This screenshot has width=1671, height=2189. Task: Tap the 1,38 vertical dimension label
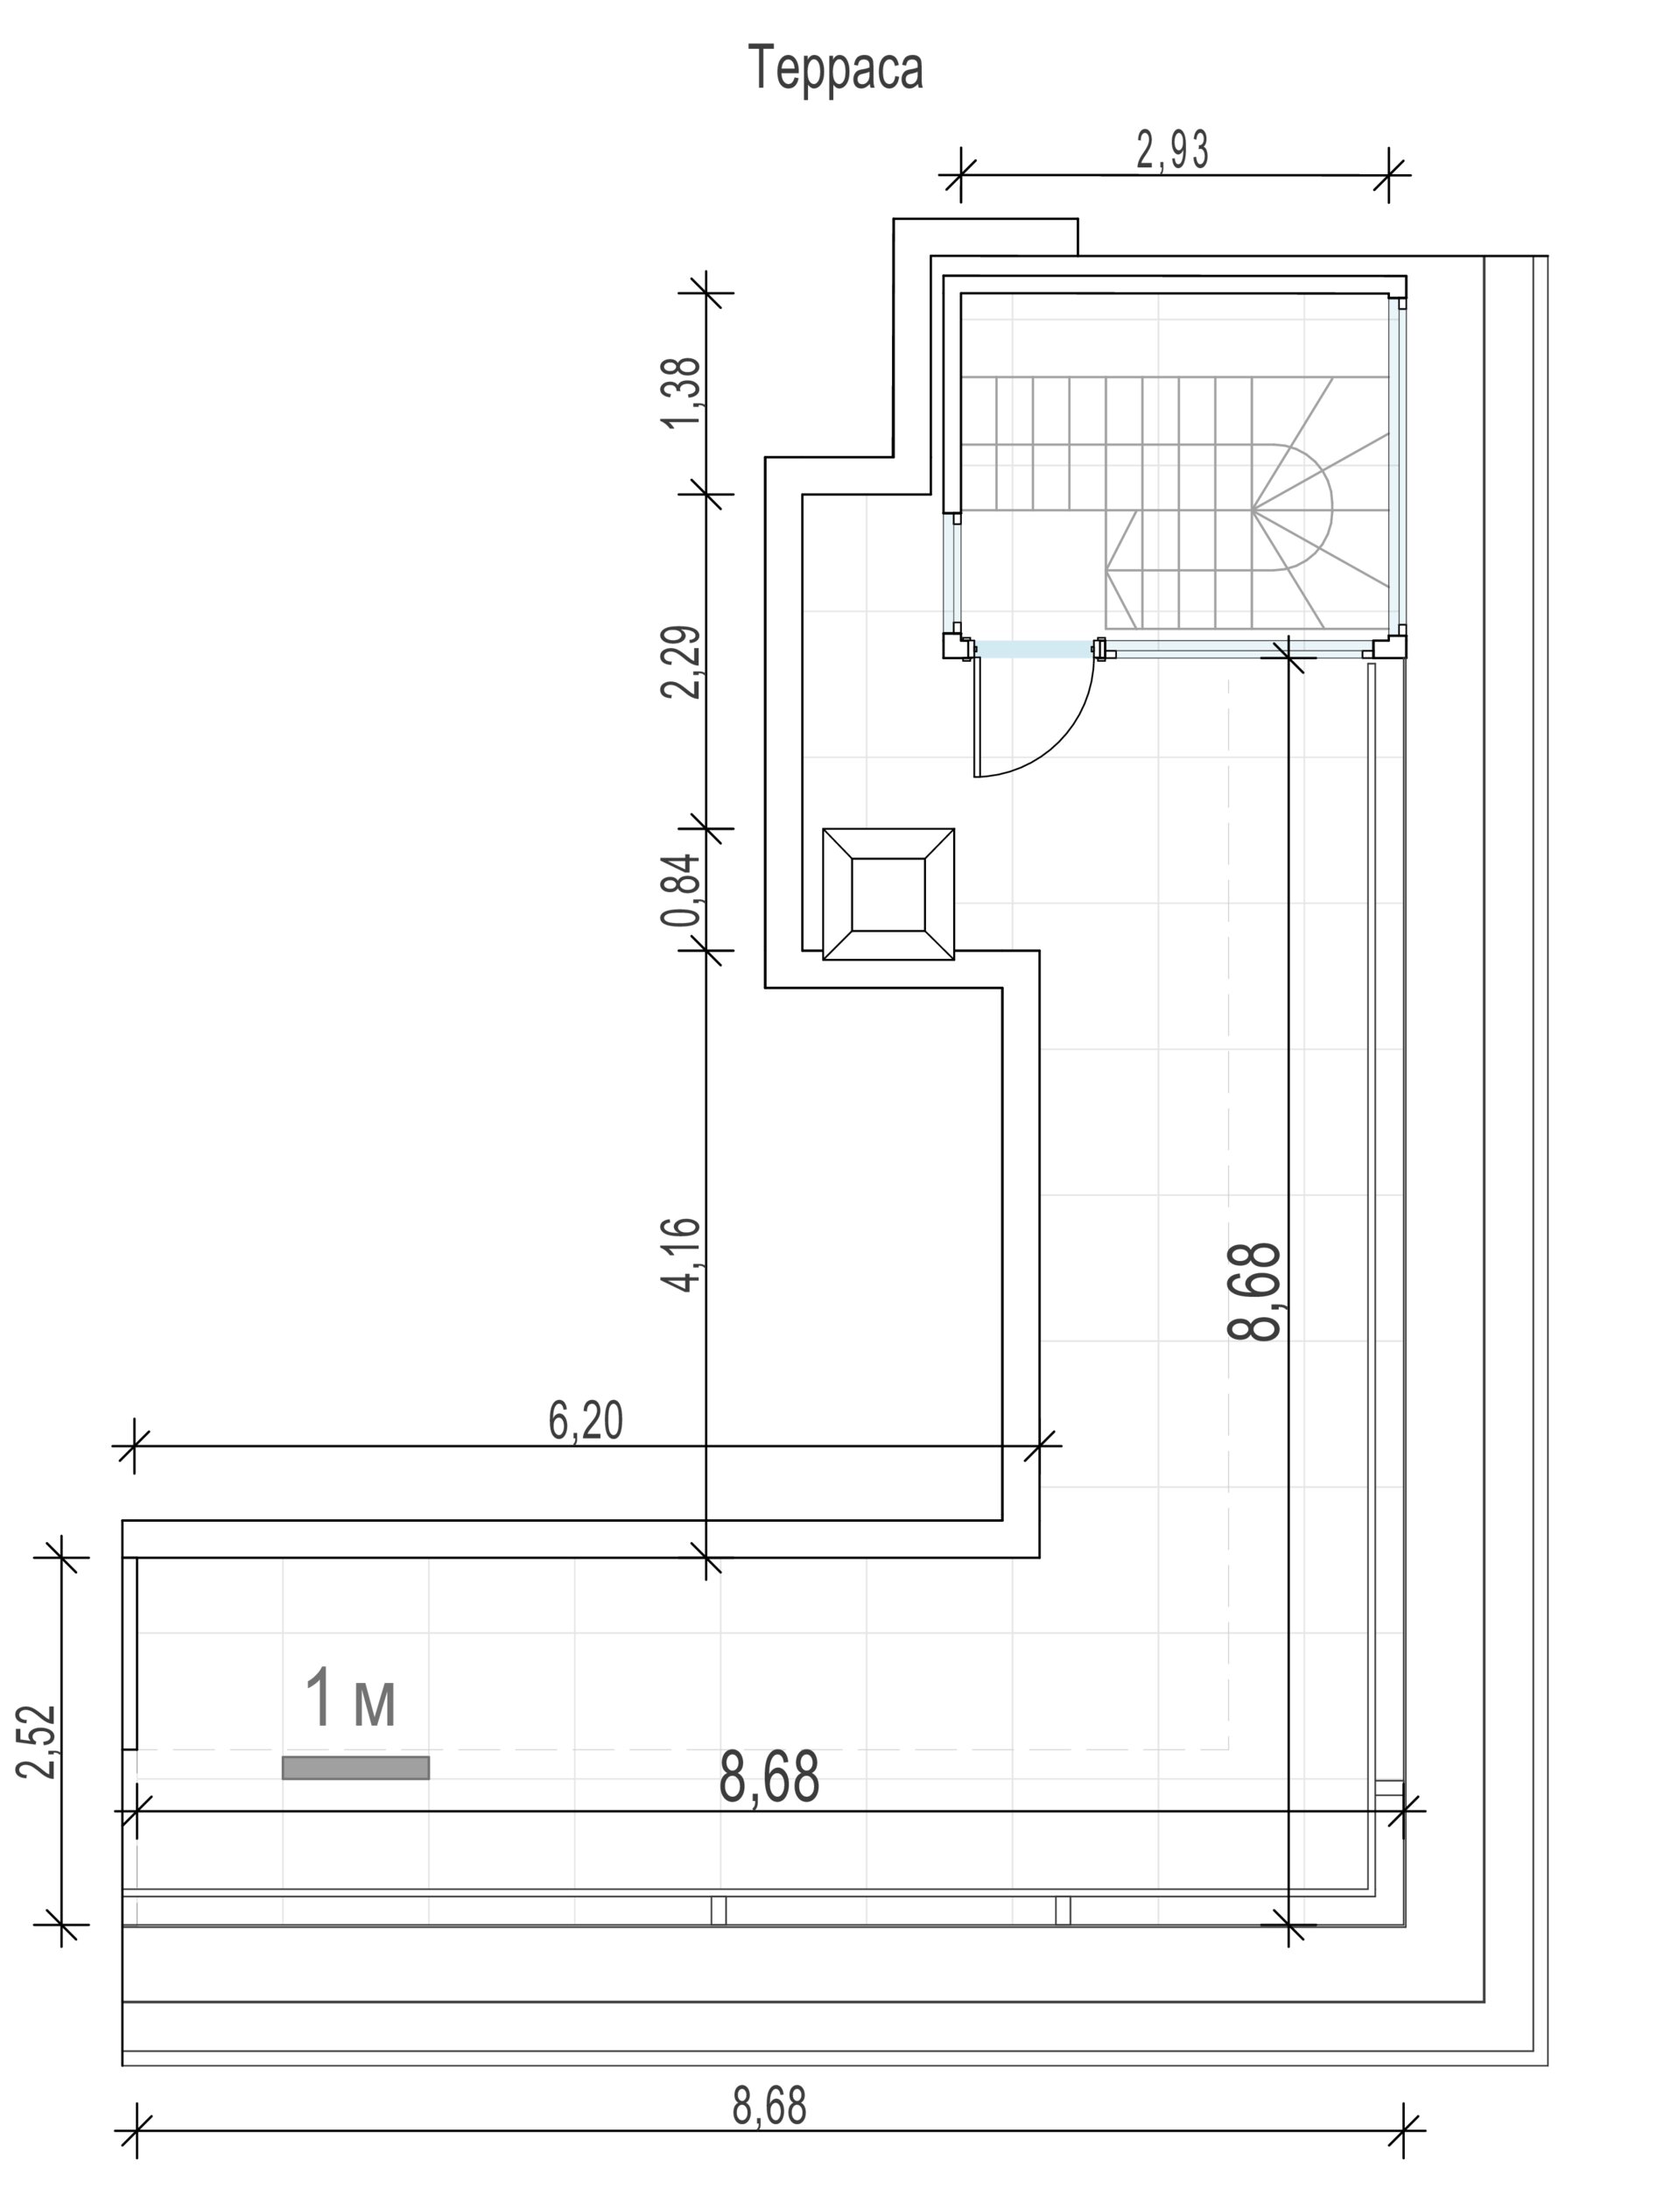[x=683, y=392]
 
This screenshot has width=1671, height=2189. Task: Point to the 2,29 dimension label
[x=683, y=662]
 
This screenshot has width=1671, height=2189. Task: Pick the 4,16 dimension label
[x=683, y=1255]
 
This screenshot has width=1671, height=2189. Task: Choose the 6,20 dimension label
[x=586, y=1420]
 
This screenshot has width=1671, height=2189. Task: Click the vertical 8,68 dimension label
[x=1254, y=1292]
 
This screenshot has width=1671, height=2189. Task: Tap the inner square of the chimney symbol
[x=888, y=895]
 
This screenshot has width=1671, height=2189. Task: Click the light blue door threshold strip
[x=1035, y=650]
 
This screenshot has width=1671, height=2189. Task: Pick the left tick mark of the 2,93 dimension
[x=961, y=175]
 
